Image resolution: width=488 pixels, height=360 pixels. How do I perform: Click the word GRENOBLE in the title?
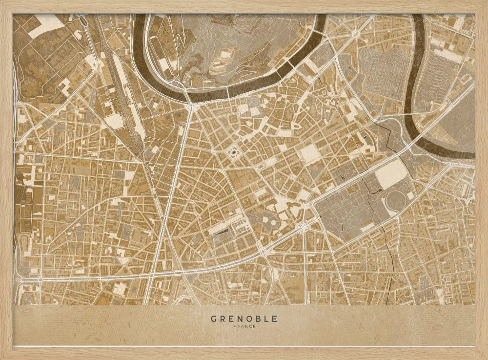coord(244,319)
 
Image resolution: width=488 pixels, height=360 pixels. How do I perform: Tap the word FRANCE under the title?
coord(244,326)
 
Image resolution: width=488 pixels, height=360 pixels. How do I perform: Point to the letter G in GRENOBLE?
coord(214,319)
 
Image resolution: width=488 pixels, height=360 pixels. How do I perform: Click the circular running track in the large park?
coord(396,201)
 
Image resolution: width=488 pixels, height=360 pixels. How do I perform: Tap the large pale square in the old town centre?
coord(309,154)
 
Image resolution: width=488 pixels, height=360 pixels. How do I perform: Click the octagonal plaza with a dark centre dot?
coord(233,153)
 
